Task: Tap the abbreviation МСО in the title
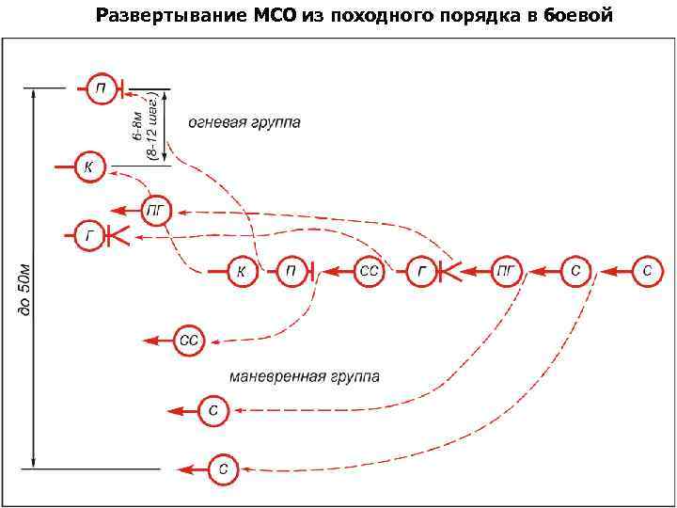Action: click(272, 16)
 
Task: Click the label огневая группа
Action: click(244, 124)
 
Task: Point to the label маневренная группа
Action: click(305, 376)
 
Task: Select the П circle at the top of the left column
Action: click(101, 88)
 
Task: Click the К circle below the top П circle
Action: click(88, 167)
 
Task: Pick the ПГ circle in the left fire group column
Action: click(156, 211)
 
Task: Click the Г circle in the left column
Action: click(88, 235)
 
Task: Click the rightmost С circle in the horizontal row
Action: click(646, 271)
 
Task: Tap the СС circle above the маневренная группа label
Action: click(189, 340)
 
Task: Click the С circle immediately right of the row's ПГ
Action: click(575, 271)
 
